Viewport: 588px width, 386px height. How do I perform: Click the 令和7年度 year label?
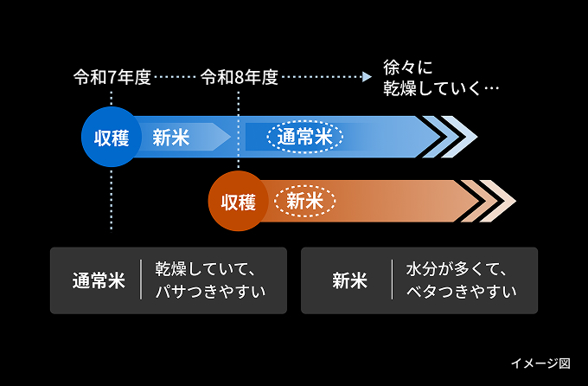click(x=112, y=77)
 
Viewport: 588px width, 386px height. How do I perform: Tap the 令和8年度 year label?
click(x=240, y=77)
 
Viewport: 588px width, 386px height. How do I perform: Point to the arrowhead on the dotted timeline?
click(x=367, y=77)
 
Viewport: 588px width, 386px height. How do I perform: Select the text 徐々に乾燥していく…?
click(x=441, y=78)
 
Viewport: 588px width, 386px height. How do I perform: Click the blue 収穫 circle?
click(x=112, y=137)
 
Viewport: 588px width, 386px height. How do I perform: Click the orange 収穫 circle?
click(x=239, y=201)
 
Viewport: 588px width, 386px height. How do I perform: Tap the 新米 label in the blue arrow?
click(x=171, y=137)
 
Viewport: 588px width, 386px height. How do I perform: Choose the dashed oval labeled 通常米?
click(x=305, y=137)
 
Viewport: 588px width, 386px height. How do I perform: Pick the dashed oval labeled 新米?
click(x=305, y=201)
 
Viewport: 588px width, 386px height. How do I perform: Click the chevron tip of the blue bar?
click(x=477, y=137)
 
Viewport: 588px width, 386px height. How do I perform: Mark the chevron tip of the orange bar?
click(x=516, y=201)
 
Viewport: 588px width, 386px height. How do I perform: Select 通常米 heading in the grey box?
click(x=99, y=280)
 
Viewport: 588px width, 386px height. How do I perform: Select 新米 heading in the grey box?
click(x=349, y=280)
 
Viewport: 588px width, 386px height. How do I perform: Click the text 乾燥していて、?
click(x=206, y=269)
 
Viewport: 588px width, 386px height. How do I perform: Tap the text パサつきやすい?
click(x=210, y=292)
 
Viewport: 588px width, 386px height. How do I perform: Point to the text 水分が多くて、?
click(x=457, y=269)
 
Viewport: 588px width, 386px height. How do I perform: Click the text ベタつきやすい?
click(x=461, y=292)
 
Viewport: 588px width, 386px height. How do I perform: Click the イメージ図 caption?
click(x=540, y=363)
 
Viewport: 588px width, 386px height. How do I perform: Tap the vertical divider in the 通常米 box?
click(x=141, y=280)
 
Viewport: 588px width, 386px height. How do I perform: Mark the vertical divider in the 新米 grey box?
click(x=393, y=280)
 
